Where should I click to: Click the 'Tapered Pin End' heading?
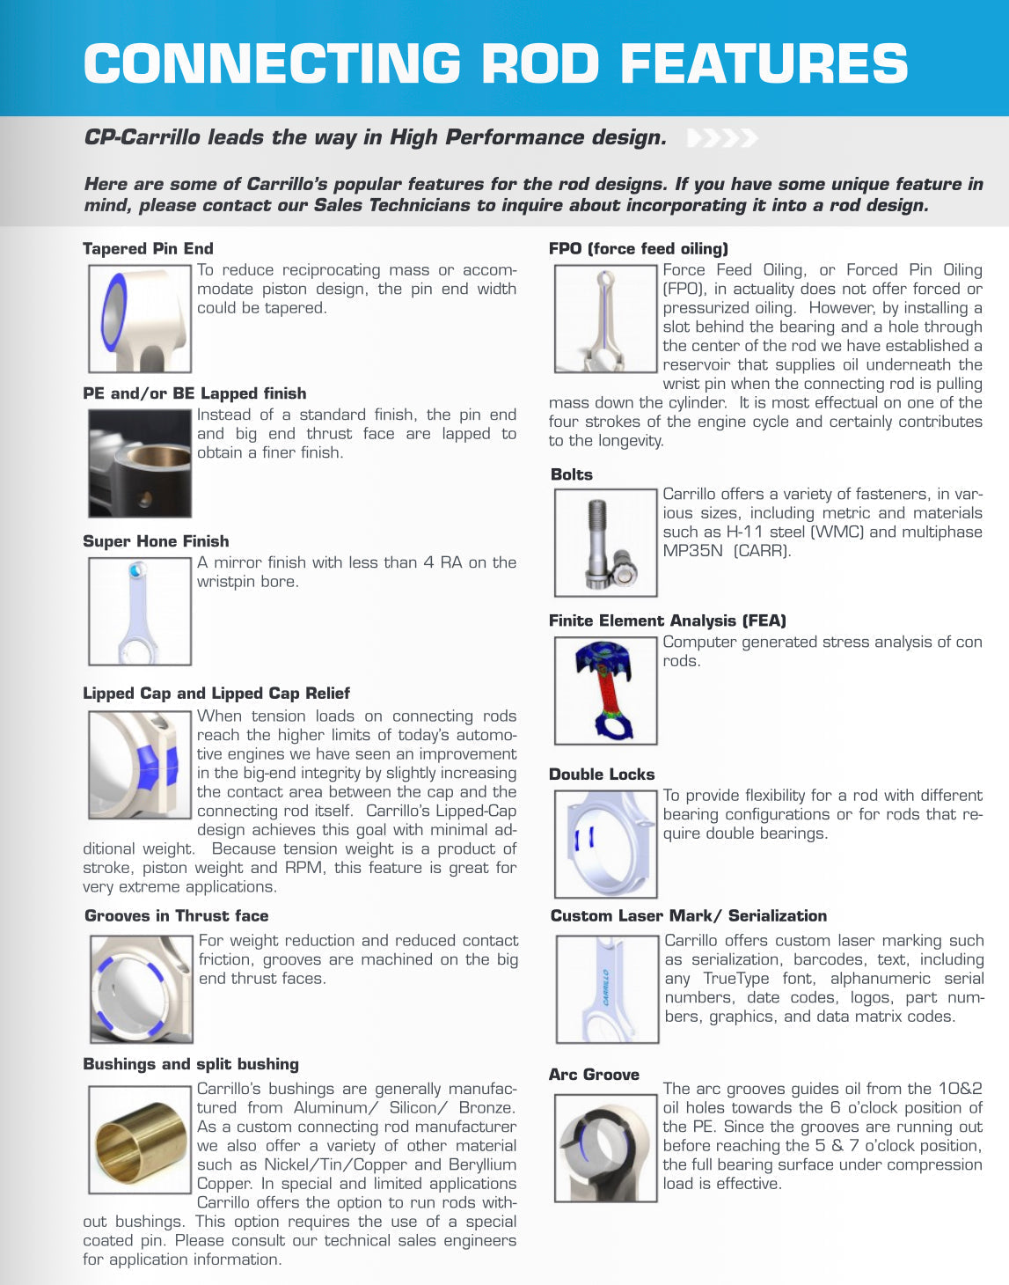click(x=148, y=249)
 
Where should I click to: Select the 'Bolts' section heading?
click(x=572, y=474)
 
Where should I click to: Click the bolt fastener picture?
click(x=605, y=543)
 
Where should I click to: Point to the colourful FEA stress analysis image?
click(x=605, y=691)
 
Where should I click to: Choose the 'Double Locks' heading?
click(x=602, y=775)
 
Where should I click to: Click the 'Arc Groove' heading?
click(x=594, y=1075)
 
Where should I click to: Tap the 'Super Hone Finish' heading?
click(x=156, y=541)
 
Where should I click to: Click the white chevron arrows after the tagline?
click(x=721, y=138)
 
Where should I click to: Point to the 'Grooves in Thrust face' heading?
click(x=176, y=916)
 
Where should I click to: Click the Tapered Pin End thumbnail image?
click(x=140, y=319)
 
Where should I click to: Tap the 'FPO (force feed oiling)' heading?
click(x=639, y=249)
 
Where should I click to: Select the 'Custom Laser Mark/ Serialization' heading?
click(x=689, y=916)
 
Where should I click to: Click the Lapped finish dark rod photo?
click(x=140, y=464)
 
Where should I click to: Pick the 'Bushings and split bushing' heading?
click(x=191, y=1064)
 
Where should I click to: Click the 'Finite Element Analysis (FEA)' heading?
click(x=668, y=620)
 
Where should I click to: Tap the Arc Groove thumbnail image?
click(x=605, y=1148)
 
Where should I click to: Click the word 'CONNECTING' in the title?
click(x=272, y=63)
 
